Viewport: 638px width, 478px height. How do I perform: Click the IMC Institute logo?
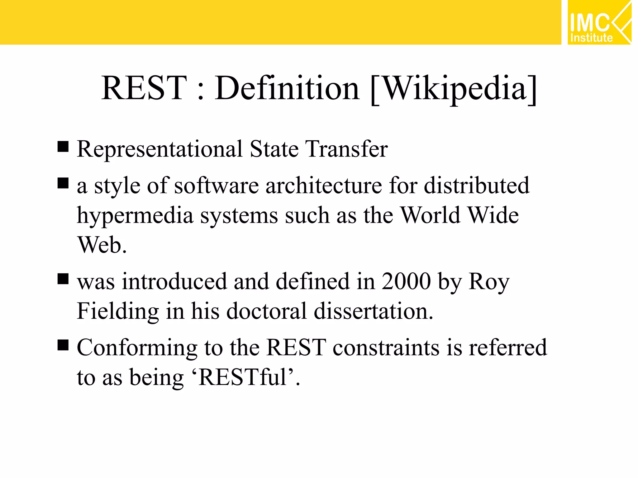[x=599, y=22]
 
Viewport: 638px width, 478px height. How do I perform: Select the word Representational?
[x=159, y=149]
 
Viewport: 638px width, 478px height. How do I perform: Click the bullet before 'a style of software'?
[x=63, y=183]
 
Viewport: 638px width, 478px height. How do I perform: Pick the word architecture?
[x=324, y=186]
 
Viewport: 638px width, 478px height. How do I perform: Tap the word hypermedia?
[x=135, y=216]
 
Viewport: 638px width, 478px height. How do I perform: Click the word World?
[x=430, y=215]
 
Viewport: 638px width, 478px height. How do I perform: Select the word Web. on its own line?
[x=102, y=245]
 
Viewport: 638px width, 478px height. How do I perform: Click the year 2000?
[x=406, y=281]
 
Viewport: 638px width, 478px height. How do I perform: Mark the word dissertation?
[x=373, y=311]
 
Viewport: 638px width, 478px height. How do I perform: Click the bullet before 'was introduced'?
[x=63, y=279]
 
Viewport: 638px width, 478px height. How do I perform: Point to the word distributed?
[x=477, y=186]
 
